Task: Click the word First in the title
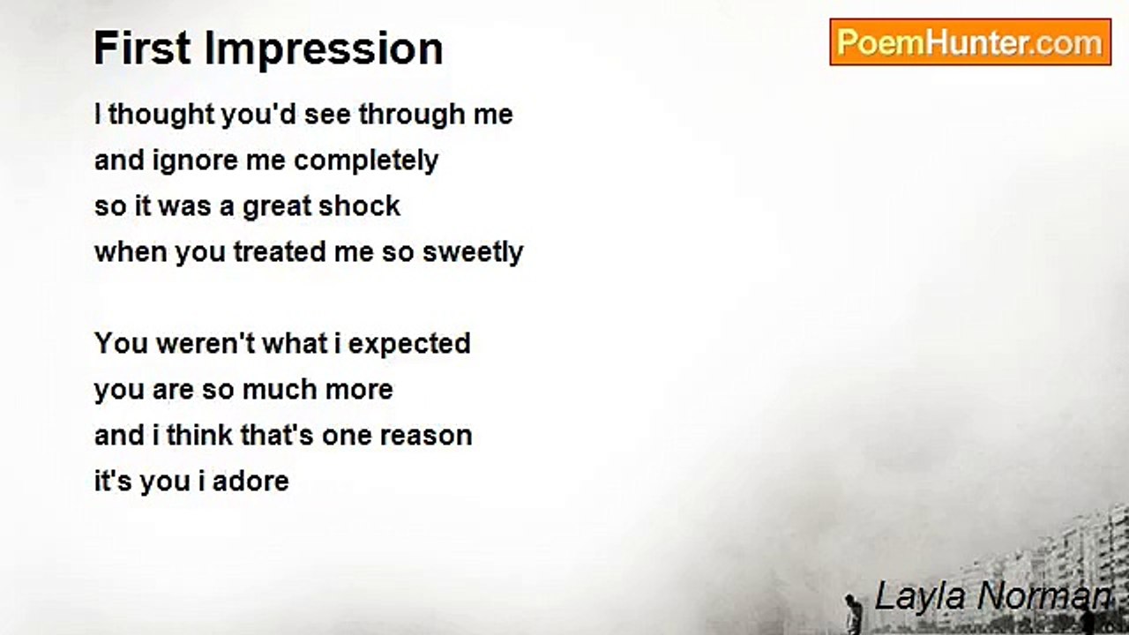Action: click(x=142, y=49)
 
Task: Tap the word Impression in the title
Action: click(x=324, y=50)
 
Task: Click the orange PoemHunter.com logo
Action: click(x=970, y=42)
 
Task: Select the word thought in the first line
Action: click(x=161, y=115)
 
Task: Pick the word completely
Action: click(x=366, y=161)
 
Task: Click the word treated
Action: click(x=279, y=252)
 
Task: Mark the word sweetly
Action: click(x=473, y=253)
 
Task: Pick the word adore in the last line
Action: click(x=250, y=482)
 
